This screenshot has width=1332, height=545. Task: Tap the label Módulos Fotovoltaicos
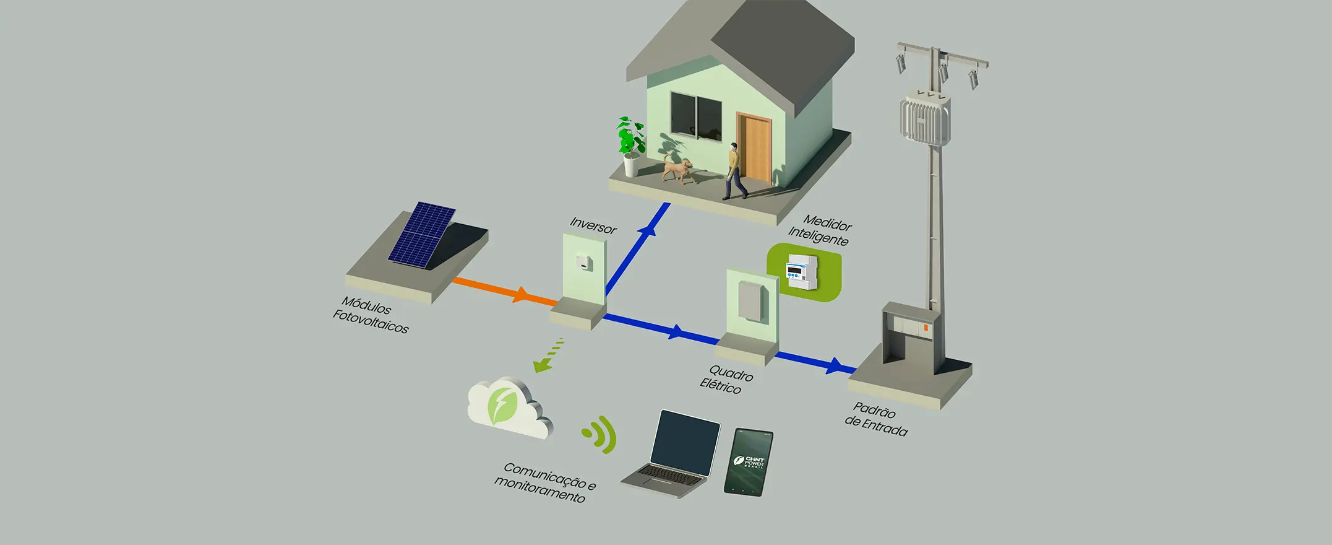(370, 315)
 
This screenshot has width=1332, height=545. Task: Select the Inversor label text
(593, 225)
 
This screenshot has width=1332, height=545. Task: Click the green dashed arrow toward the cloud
(548, 355)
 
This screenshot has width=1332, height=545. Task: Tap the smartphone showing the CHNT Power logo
(749, 462)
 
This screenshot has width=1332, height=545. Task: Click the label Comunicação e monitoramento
(544, 482)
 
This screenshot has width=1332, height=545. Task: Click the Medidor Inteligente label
(820, 230)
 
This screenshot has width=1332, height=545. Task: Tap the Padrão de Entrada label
(875, 420)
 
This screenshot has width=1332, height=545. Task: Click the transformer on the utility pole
(924, 117)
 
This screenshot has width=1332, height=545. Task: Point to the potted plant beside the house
(631, 146)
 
